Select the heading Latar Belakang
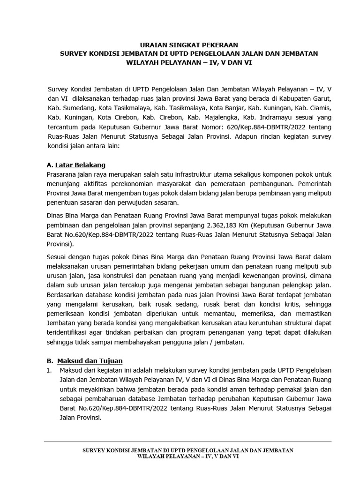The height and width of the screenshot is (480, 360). click(80, 165)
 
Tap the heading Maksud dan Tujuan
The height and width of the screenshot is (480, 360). click(90, 360)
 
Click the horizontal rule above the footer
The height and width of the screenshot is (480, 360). click(187, 442)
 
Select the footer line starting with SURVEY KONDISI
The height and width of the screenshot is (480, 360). click(187, 450)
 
